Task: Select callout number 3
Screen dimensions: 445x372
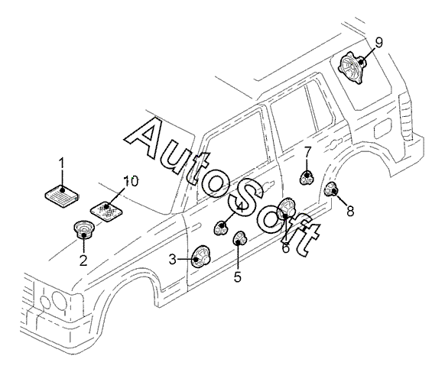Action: click(x=173, y=260)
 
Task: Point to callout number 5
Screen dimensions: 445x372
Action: click(x=238, y=277)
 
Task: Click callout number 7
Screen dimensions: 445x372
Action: click(x=308, y=153)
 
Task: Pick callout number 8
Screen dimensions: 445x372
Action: click(x=350, y=211)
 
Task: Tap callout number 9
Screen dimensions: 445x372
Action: click(x=378, y=43)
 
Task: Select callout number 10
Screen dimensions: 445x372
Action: click(x=131, y=182)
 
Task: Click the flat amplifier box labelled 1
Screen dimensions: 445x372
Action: click(x=62, y=195)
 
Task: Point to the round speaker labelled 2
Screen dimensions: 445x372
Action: click(x=83, y=230)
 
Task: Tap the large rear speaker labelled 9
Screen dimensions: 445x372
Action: click(x=352, y=68)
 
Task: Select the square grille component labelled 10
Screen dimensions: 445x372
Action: click(x=107, y=211)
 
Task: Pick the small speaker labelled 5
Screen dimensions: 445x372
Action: click(x=240, y=238)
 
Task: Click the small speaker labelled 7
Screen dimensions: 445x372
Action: click(x=307, y=178)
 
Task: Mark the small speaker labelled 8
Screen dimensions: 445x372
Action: click(x=332, y=189)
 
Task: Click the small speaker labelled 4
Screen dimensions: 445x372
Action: click(x=221, y=228)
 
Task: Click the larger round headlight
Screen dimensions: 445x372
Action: click(x=60, y=301)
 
